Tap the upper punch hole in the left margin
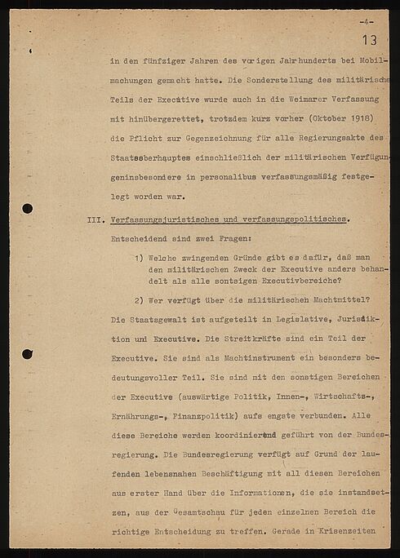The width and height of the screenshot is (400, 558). [27, 208]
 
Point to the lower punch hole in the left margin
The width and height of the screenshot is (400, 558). [27, 354]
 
